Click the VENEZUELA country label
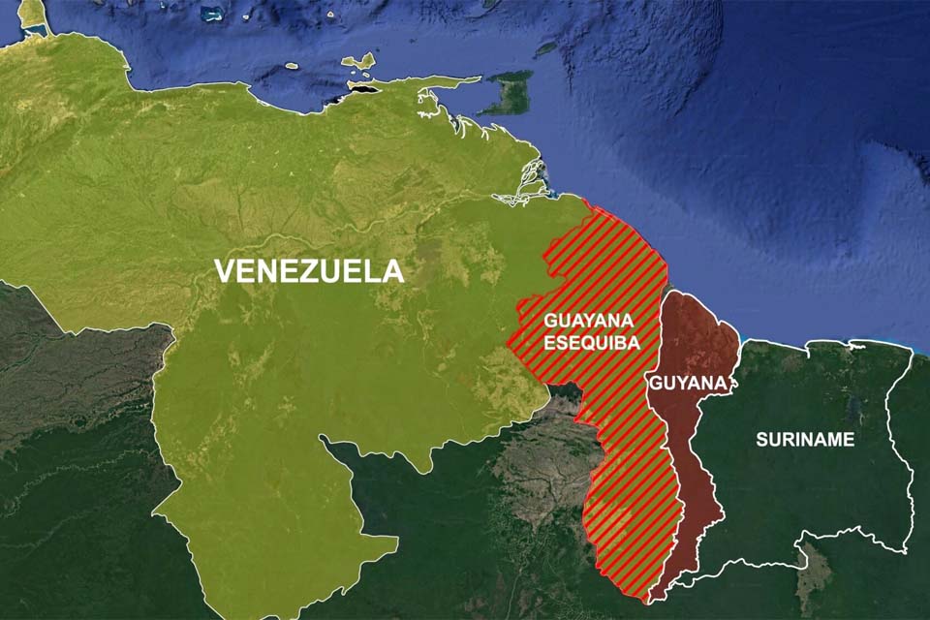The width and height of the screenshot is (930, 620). coord(308,270)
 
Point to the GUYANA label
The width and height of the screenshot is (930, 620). coord(687,384)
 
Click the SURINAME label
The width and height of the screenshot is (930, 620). coord(805,439)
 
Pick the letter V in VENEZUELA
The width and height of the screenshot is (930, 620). coord(224,270)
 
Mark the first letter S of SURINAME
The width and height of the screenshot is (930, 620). coord(761,439)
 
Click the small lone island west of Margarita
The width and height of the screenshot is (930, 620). coord(291,66)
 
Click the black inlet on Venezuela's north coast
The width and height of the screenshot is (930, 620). coord(363,89)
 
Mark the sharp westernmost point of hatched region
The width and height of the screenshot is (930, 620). coord(507,341)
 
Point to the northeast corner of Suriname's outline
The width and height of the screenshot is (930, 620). coord(912,348)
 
